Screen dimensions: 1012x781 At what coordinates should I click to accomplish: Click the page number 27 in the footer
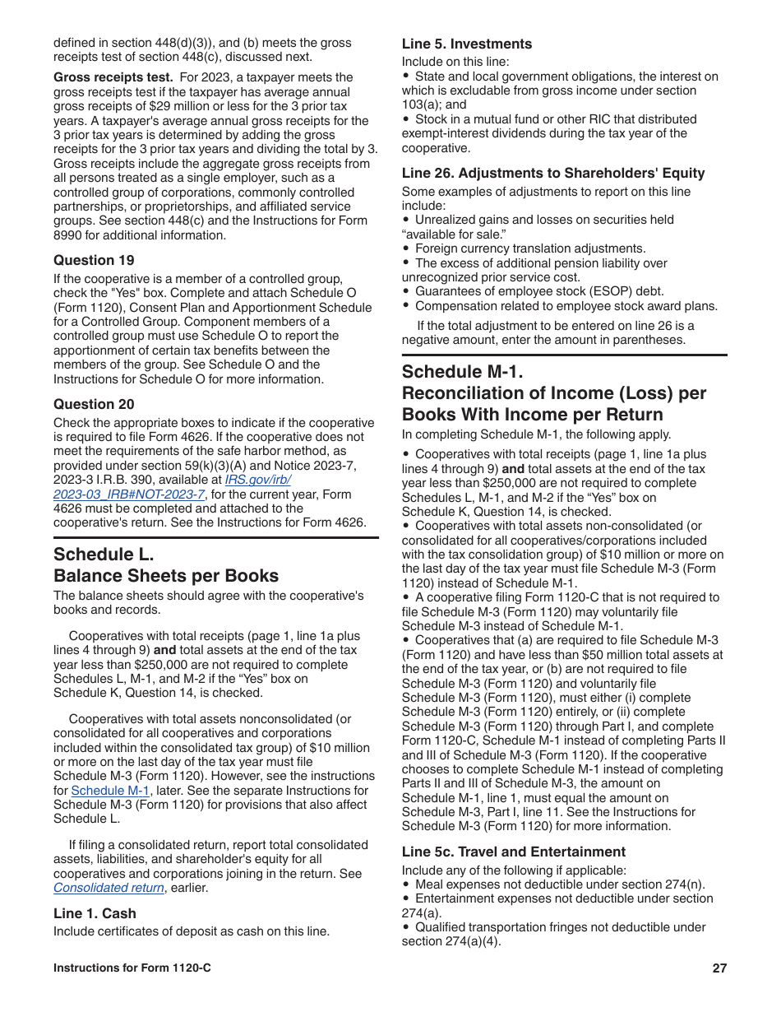719,968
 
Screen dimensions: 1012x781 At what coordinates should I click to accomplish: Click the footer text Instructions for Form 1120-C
132,968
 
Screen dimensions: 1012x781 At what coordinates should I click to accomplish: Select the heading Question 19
94,260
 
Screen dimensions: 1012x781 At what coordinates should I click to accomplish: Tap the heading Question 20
94,404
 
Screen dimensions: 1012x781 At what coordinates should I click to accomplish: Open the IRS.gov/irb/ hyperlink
257,480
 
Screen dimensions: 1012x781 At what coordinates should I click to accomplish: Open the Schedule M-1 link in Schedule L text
110,791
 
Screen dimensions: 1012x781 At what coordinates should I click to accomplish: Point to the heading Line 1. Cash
95,913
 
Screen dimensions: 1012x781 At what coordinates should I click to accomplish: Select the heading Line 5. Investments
466,44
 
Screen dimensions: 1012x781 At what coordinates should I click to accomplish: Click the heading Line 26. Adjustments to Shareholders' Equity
553,173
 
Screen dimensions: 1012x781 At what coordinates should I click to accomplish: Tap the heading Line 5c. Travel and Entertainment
514,852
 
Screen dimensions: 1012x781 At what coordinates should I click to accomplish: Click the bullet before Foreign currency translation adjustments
406,248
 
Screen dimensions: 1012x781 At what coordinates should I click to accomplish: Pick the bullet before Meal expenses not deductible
406,884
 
